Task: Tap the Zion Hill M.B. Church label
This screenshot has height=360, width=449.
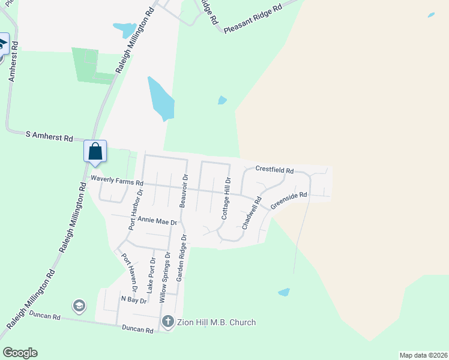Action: pyautogui.click(x=216, y=322)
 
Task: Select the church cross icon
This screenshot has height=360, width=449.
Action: pyautogui.click(x=167, y=322)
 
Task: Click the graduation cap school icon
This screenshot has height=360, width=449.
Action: pyautogui.click(x=79, y=307)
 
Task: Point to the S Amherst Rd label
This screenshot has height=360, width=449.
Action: pyautogui.click(x=49, y=136)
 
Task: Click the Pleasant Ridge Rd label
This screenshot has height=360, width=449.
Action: pyautogui.click(x=253, y=20)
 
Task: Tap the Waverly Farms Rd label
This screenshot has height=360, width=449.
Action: pyautogui.click(x=117, y=181)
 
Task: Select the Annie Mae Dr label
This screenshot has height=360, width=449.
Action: pyautogui.click(x=158, y=221)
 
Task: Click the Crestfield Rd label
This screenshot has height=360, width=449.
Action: pyautogui.click(x=274, y=170)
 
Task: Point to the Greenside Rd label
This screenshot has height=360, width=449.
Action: pyautogui.click(x=289, y=200)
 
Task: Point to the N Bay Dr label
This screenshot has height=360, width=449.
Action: pyautogui.click(x=134, y=299)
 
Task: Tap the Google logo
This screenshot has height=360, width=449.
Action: pyautogui.click(x=20, y=353)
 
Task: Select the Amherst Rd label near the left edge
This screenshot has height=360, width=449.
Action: pyautogui.click(x=13, y=65)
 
